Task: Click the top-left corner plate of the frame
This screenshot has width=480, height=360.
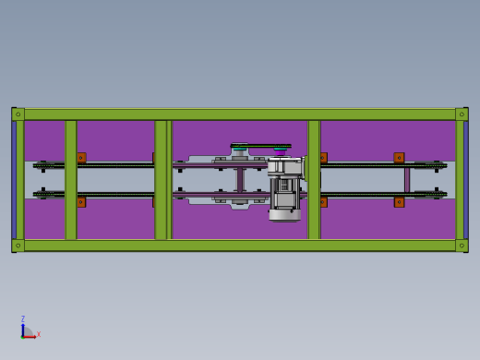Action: click(x=18, y=114)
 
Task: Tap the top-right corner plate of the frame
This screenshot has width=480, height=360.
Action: click(x=462, y=114)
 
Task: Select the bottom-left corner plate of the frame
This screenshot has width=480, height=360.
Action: click(x=18, y=246)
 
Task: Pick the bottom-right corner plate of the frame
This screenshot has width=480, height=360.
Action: click(x=462, y=246)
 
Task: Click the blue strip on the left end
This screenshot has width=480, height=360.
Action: click(x=14, y=180)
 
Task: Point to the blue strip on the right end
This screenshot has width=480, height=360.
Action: click(x=466, y=180)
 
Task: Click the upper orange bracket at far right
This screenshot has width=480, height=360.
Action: click(x=399, y=158)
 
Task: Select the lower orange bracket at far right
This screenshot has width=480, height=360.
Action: click(x=399, y=202)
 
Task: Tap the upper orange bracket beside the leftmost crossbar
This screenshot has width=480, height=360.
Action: click(x=81, y=158)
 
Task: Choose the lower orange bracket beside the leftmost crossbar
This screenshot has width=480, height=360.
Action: click(x=81, y=202)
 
